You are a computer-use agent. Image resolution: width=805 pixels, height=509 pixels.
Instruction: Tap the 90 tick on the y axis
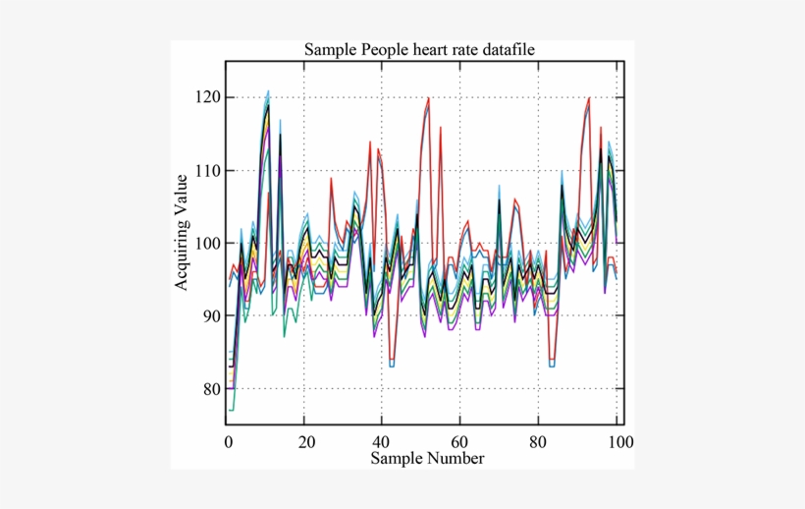click(x=211, y=315)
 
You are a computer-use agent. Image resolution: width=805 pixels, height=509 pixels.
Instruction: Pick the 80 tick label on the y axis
click(x=211, y=389)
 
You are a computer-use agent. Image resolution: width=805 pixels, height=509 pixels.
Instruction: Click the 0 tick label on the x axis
click(x=228, y=441)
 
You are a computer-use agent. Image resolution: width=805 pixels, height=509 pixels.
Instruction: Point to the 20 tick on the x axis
click(x=305, y=441)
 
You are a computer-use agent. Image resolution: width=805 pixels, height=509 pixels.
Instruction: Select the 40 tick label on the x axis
click(x=384, y=441)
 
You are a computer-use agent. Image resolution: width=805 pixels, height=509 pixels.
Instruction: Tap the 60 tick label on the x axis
click(x=461, y=441)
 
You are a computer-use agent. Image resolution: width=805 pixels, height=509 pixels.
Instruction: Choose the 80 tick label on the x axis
click(x=539, y=441)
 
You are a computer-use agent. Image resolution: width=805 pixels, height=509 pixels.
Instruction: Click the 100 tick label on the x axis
click(x=617, y=441)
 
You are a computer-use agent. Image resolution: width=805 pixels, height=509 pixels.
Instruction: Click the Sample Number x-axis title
click(x=427, y=458)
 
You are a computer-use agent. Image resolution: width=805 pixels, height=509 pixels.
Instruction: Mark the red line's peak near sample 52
click(x=429, y=97)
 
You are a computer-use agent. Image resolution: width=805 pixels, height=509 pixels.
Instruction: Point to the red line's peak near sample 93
click(x=589, y=97)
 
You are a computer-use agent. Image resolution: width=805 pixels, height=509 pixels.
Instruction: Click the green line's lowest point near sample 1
click(x=231, y=410)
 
